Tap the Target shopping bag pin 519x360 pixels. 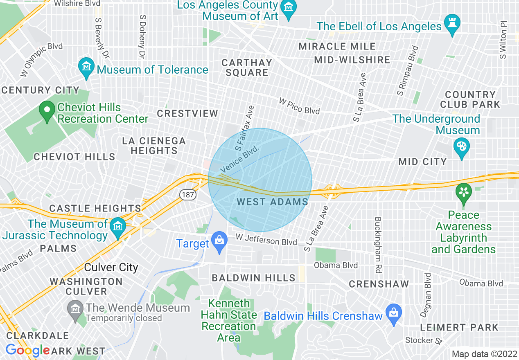(x=219, y=241)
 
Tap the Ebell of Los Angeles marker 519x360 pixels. (x=453, y=24)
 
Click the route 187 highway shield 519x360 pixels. (x=187, y=195)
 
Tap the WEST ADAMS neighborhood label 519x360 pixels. (x=272, y=202)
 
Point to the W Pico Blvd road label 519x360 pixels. (x=299, y=105)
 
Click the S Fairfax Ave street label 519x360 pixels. (x=245, y=127)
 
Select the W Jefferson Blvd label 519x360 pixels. (x=266, y=239)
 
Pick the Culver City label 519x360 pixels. (x=111, y=268)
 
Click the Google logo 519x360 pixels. (x=27, y=350)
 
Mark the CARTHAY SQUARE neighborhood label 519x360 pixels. (x=247, y=67)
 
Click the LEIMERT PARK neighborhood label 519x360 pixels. (x=459, y=327)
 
